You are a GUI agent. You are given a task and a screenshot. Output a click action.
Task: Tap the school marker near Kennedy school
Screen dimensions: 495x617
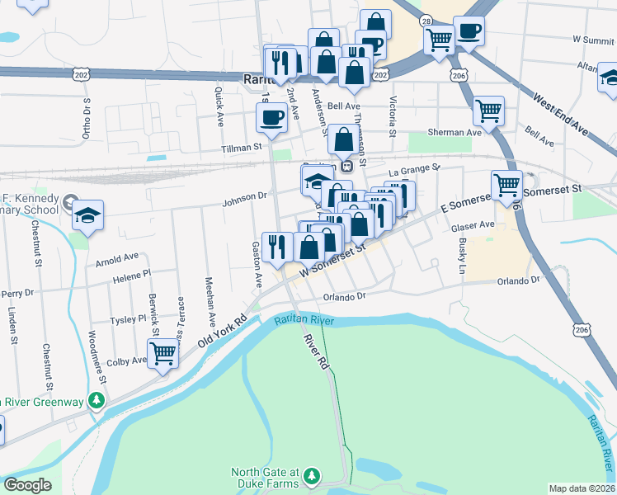click(87, 216)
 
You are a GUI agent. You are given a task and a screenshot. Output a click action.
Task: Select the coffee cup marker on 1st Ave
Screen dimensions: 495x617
click(271, 117)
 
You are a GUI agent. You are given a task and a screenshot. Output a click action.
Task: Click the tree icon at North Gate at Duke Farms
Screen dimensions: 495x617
click(311, 477)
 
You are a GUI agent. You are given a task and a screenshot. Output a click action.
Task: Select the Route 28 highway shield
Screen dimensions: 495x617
click(426, 20)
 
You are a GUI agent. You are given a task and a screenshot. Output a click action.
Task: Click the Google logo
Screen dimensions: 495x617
click(27, 485)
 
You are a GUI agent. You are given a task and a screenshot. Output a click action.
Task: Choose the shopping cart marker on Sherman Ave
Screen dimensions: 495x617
click(488, 110)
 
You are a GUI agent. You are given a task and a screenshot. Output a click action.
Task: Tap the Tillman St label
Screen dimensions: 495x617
click(240, 148)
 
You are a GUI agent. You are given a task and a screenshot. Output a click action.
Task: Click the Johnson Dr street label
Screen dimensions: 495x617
click(245, 196)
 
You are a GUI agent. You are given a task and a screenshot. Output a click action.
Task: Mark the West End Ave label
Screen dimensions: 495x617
click(560, 115)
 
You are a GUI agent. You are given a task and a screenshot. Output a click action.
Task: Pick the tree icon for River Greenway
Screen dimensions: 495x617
click(97, 401)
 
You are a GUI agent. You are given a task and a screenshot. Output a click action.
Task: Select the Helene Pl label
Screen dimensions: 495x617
click(134, 273)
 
